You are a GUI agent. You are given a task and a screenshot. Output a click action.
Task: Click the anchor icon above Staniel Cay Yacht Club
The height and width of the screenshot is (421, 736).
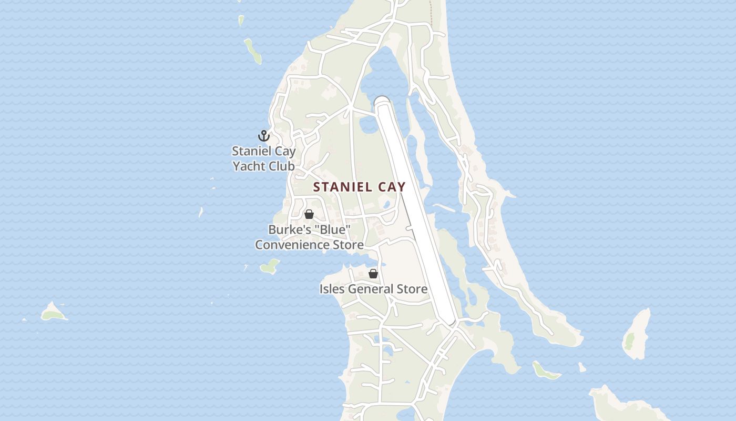pyautogui.click(x=263, y=136)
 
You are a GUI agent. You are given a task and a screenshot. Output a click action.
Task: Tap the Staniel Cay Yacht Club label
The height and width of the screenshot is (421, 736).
pyautogui.click(x=264, y=158)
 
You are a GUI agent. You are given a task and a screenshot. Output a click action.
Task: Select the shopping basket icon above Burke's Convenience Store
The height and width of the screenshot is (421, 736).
pyautogui.click(x=309, y=214)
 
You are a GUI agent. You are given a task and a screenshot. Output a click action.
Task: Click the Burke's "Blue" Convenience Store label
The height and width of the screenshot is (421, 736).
pyautogui.click(x=309, y=237)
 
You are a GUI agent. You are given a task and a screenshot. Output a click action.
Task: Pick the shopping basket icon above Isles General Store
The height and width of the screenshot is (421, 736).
pyautogui.click(x=373, y=274)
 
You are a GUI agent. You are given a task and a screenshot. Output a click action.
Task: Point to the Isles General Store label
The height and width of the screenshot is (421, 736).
pyautogui.click(x=373, y=289)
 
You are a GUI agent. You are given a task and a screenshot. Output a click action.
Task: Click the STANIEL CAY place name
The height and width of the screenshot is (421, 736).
pyautogui.click(x=360, y=187)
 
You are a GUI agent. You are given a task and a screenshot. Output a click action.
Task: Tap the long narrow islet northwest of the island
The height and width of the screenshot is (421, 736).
pyautogui.click(x=253, y=51)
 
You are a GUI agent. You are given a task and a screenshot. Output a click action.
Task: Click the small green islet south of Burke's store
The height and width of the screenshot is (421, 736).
pyautogui.click(x=270, y=266)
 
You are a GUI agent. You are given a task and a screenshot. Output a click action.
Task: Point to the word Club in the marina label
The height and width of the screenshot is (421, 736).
pyautogui.click(x=283, y=166)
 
